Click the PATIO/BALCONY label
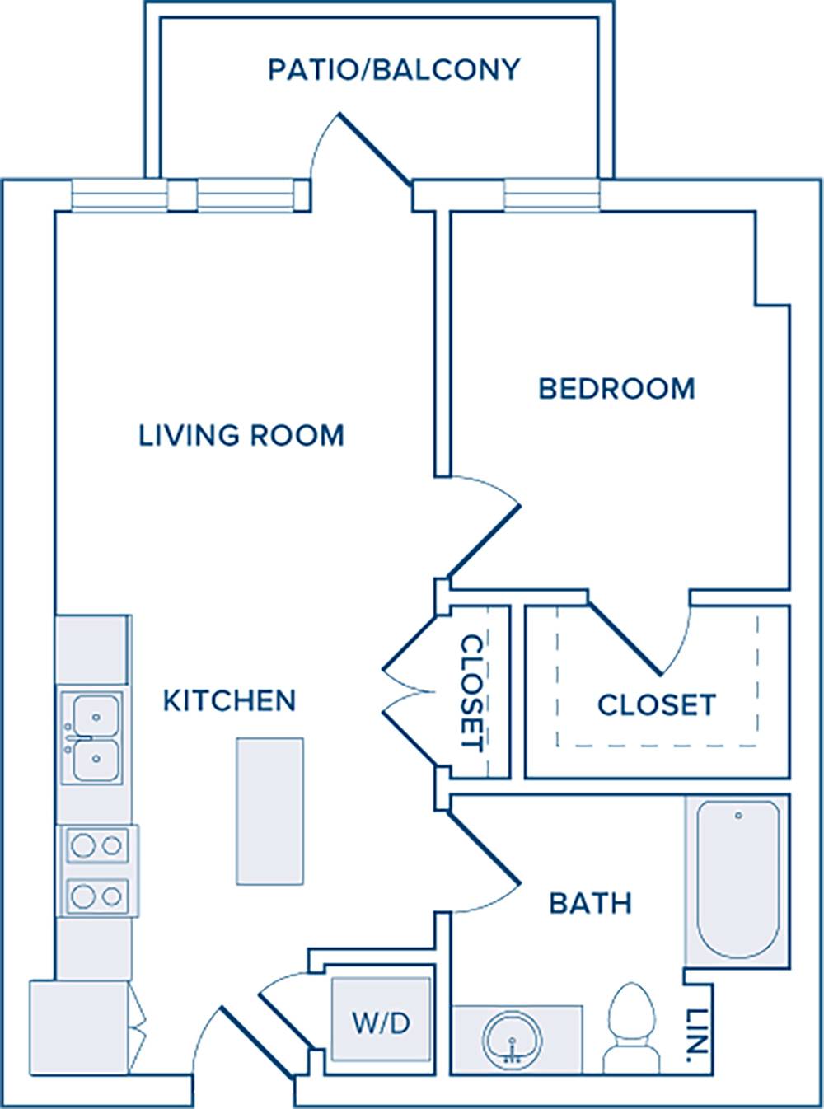coord(394,69)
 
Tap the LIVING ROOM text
coord(241,435)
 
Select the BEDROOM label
coord(617,389)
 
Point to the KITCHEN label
coord(230,700)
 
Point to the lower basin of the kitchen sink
coord(96,760)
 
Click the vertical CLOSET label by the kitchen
coord(471,694)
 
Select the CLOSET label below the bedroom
coord(657,704)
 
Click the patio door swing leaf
coord(376,148)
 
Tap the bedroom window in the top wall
coord(552,195)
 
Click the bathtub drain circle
coord(738,816)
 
